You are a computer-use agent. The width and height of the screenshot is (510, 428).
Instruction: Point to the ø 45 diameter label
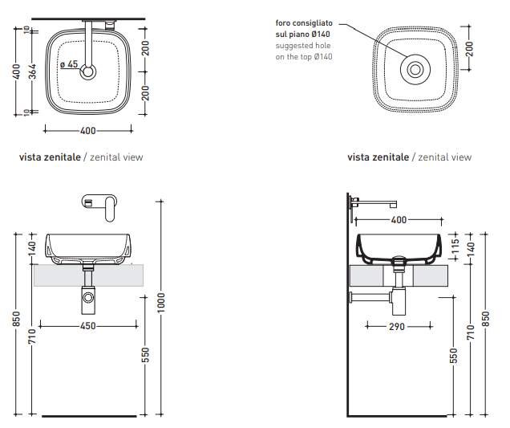69,64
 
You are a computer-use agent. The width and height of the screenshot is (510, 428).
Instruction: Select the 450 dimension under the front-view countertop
87,326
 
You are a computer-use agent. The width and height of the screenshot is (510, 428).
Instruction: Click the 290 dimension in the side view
397,327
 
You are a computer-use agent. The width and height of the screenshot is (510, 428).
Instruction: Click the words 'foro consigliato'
302,23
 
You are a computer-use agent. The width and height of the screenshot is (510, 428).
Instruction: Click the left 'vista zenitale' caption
50,157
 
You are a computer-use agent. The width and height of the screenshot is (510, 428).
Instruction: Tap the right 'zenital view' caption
445,157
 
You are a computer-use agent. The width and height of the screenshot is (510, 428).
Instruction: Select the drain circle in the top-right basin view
415,70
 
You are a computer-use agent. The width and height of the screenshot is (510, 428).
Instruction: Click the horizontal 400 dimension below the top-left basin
87,130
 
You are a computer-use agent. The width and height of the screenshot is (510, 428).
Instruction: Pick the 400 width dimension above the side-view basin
397,219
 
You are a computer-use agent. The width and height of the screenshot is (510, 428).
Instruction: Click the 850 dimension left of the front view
17,320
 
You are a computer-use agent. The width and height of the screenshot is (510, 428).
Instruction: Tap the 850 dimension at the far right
484,320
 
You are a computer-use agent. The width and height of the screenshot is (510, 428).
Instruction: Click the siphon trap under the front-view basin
87,300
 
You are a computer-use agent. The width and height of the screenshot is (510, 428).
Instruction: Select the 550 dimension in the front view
145,354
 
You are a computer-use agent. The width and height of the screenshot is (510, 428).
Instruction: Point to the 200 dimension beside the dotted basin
469,49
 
